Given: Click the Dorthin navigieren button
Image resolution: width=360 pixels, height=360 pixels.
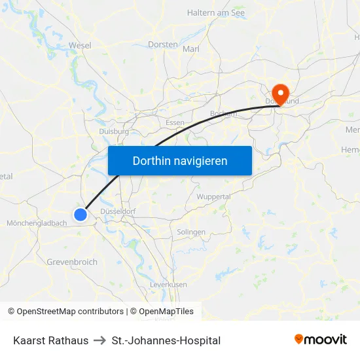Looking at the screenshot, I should pos(179,160).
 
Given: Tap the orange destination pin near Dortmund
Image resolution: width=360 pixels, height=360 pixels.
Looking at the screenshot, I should pos(281,93).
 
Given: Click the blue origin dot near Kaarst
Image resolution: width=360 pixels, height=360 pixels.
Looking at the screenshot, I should pos(81,214).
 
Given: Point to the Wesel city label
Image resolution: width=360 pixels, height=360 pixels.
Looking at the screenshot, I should pos(80,45).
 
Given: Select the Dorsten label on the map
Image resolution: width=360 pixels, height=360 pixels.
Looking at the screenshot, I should pos(163,45).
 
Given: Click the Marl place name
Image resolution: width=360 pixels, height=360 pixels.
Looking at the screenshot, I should pos(190,49).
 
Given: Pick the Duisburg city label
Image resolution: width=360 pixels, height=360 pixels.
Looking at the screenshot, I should pos(113,131).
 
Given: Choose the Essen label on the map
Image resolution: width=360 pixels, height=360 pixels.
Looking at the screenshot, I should pos(175,122).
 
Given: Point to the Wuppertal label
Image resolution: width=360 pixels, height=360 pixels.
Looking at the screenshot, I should pos(213,196).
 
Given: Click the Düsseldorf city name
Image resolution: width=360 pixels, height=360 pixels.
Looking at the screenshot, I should pos(118,211).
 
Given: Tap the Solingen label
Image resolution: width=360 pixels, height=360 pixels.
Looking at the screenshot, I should pos(191,232).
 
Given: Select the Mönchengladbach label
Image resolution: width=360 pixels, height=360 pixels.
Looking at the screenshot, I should pos(37,223).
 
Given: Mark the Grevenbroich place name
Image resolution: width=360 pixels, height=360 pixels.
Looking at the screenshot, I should pos(72,262).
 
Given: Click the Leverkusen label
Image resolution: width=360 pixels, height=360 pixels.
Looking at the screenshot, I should pos(168,285).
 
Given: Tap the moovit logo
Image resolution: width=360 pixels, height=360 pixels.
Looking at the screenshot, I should pos(320,339).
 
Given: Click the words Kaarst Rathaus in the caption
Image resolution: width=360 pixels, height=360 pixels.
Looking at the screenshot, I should pos(50,340).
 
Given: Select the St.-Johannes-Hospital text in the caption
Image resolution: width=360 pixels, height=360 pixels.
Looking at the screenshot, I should pos(166,340).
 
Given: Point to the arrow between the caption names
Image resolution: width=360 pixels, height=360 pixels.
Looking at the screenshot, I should pos(100,340).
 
